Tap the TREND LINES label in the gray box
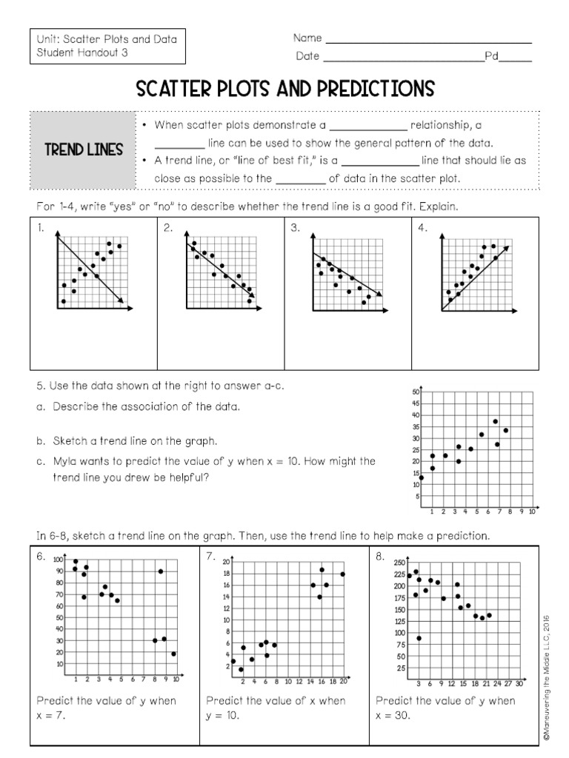[84, 150]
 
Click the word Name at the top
[307, 38]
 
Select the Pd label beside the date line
[490, 56]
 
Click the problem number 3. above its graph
[295, 229]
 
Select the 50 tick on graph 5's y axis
[416, 392]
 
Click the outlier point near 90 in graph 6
[161, 571]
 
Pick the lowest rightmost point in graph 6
[174, 654]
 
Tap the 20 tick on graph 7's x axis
[343, 682]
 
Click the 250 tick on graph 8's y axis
[399, 563]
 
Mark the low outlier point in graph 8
[419, 638]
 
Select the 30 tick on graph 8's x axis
[519, 684]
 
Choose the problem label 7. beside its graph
[211, 556]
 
